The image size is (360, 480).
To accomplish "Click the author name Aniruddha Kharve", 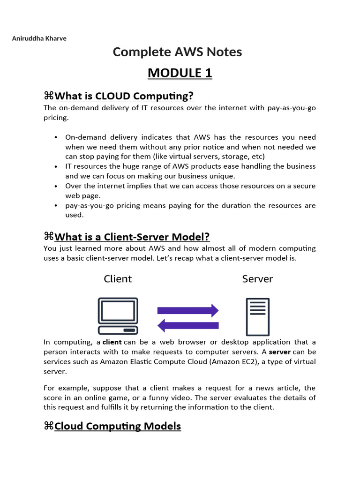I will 39,38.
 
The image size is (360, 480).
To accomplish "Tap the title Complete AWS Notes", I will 177,52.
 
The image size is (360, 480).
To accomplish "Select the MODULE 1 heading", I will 180,73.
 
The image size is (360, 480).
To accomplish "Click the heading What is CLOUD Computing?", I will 124,96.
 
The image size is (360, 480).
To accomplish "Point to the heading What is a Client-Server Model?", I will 132,237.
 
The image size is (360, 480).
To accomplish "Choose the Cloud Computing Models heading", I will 117,426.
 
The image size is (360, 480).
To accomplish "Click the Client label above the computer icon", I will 118,279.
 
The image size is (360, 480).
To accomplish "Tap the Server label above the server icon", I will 257,279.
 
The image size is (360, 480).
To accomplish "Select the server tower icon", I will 257,316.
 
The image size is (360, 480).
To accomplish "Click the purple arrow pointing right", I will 188,310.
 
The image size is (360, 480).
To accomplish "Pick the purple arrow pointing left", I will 188,325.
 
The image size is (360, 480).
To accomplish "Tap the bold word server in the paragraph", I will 280,352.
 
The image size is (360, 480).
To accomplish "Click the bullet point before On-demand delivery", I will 56,137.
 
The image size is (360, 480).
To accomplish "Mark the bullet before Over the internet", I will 56,186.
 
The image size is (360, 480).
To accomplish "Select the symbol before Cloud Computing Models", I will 48,426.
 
